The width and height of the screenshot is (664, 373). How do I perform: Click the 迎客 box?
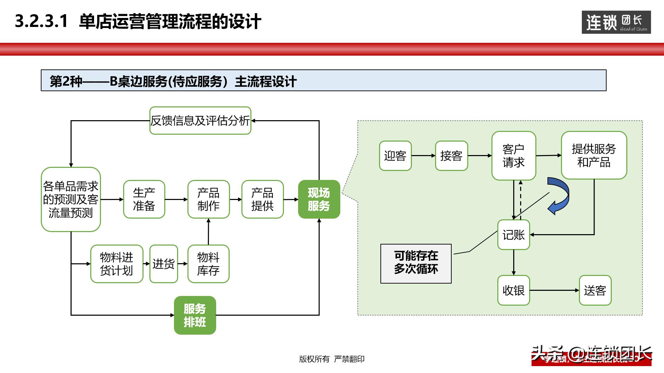point(395,156)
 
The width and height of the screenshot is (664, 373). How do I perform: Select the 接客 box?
point(451,156)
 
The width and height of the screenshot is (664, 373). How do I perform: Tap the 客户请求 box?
point(514,156)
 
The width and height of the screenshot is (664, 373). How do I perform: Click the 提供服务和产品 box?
point(594,155)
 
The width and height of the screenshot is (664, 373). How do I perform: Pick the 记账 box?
point(514,235)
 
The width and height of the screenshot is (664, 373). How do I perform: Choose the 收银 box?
point(514,290)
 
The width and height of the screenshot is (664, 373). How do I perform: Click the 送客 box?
point(595,290)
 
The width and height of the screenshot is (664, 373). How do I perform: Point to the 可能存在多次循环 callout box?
point(416,264)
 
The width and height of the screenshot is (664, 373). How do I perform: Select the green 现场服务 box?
point(319,199)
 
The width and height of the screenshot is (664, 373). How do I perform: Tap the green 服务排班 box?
point(195,315)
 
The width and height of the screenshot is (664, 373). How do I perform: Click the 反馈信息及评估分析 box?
point(200,121)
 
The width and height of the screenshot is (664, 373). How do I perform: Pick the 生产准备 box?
point(144,199)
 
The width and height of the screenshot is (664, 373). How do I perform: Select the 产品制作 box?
point(208,199)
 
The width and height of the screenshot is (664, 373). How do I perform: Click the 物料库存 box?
point(208,264)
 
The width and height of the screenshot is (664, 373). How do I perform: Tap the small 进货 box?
point(164,264)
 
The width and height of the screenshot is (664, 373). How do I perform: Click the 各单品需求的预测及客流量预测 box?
point(71,199)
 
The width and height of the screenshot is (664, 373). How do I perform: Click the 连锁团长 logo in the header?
point(616,22)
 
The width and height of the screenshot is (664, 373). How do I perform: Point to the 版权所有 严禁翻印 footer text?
point(332,359)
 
